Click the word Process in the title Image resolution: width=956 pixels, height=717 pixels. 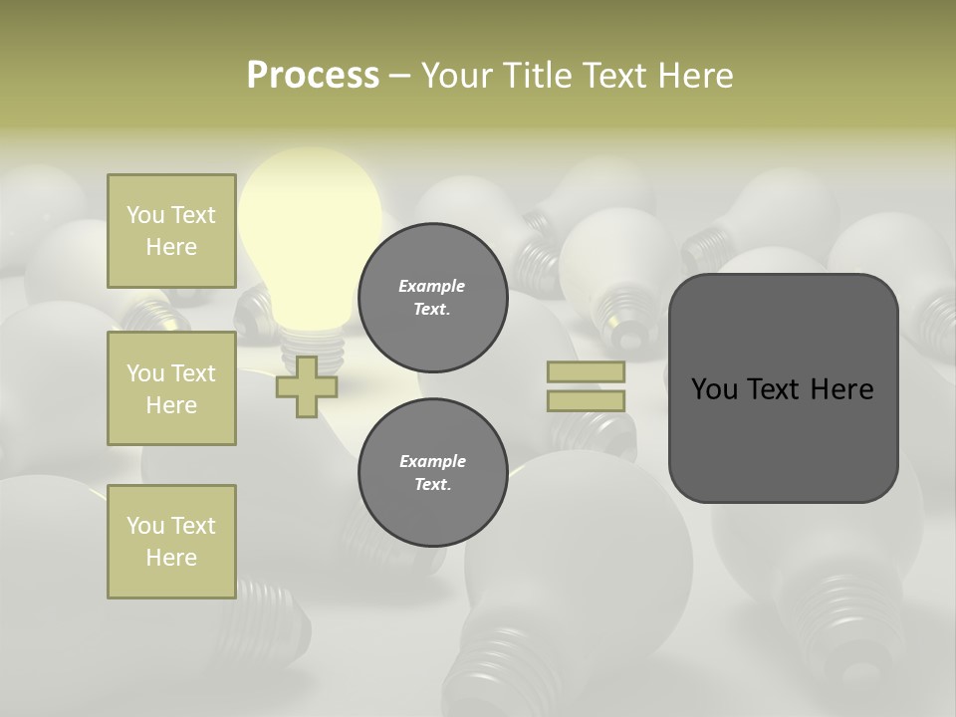[313, 76]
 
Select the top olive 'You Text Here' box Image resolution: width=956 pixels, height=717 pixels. [171, 231]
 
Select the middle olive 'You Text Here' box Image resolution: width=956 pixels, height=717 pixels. [171, 388]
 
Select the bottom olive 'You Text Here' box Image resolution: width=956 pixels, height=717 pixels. [171, 542]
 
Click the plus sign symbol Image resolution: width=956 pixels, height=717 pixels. [307, 386]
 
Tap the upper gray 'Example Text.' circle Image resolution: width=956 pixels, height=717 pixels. [432, 298]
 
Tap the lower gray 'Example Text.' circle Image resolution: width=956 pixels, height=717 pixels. [432, 473]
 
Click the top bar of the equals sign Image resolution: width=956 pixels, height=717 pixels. [587, 371]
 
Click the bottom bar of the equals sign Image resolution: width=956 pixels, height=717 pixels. [587, 400]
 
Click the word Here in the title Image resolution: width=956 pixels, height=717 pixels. [695, 76]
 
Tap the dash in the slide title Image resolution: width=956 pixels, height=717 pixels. [399, 76]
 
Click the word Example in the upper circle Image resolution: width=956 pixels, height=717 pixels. [432, 287]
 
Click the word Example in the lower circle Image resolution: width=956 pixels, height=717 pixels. [432, 462]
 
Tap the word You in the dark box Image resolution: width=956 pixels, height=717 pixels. [714, 389]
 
